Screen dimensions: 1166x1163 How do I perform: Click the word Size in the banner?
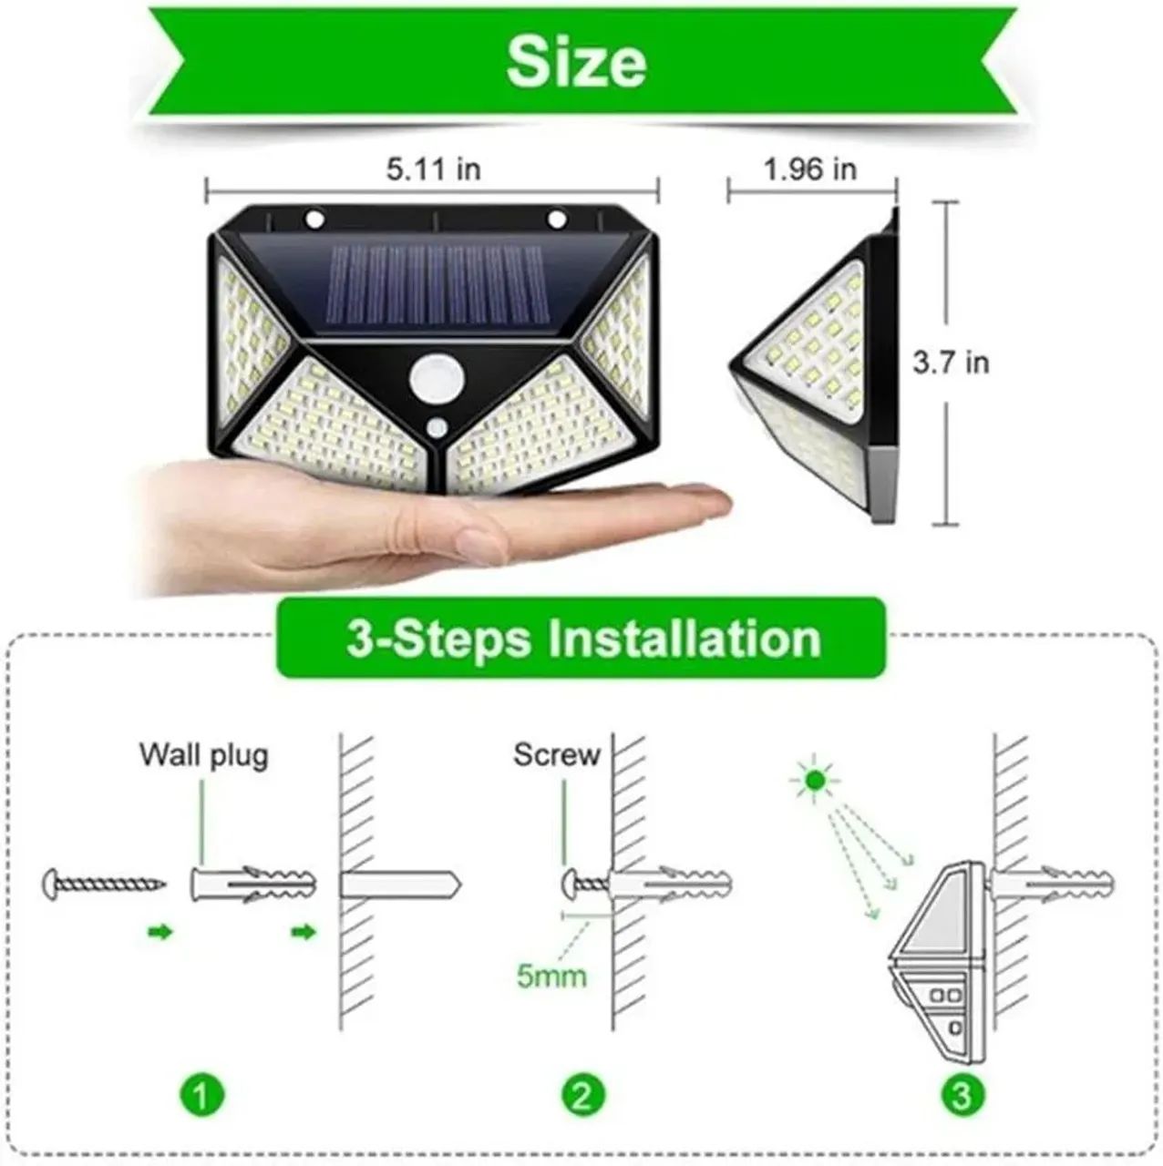point(576,61)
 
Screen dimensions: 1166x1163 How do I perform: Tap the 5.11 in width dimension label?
point(434,169)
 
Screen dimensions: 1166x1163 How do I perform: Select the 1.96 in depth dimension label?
point(810,169)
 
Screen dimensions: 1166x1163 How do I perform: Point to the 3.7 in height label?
point(951,363)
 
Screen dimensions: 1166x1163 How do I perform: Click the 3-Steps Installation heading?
point(583,639)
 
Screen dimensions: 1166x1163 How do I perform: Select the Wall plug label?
point(204,755)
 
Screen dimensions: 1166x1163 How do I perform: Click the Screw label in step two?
point(557,755)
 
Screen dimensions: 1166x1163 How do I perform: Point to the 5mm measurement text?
point(551,977)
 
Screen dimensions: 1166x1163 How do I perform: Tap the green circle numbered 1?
point(202,1093)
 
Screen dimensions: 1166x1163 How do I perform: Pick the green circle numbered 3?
point(962,1093)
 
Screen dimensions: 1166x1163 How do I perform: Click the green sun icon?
point(815,780)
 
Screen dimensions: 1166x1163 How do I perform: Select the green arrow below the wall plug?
point(304,932)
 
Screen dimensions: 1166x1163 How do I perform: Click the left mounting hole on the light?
point(314,220)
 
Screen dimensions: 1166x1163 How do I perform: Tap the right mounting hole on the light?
point(556,220)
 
